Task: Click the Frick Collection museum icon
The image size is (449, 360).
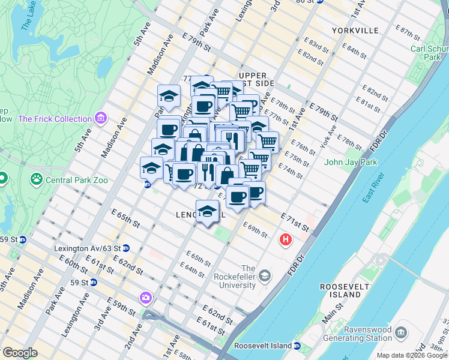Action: (x=100, y=118)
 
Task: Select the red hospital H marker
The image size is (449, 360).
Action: (x=285, y=240)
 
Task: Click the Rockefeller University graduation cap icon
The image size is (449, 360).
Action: (x=265, y=275)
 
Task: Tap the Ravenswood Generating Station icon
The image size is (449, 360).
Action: (x=402, y=332)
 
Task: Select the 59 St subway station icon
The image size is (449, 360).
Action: (x=94, y=281)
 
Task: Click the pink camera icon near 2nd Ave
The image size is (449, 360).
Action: (x=146, y=297)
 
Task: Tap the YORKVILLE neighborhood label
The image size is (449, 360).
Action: (x=355, y=30)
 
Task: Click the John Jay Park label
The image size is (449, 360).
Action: (x=350, y=162)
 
